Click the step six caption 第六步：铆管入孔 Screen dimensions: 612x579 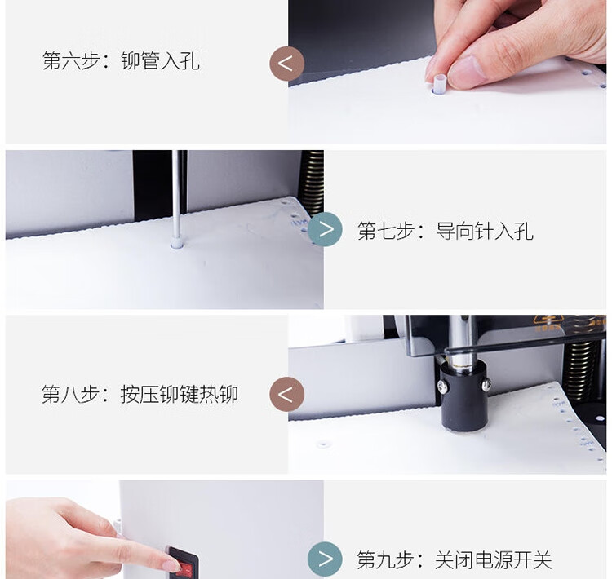pyautogui.click(x=121, y=61)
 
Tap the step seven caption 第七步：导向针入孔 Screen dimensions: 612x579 pyautogui.click(x=446, y=231)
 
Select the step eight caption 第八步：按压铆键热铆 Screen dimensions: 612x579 pyautogui.click(x=140, y=394)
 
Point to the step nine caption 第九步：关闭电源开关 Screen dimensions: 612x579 pyautogui.click(x=455, y=560)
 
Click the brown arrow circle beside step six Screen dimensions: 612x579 pyautogui.click(x=287, y=64)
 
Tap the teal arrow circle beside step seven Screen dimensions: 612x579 pyautogui.click(x=325, y=229)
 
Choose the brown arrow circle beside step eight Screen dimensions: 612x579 pyautogui.click(x=287, y=394)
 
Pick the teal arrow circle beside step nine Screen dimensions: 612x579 pyautogui.click(x=325, y=559)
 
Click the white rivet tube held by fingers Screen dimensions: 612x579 pyautogui.click(x=440, y=84)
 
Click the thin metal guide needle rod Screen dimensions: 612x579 pyautogui.click(x=176, y=194)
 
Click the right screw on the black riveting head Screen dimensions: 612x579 pyautogui.click(x=486, y=386)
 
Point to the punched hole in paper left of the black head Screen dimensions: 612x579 pyautogui.click(x=322, y=444)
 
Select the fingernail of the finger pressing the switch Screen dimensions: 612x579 pyautogui.click(x=172, y=566)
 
